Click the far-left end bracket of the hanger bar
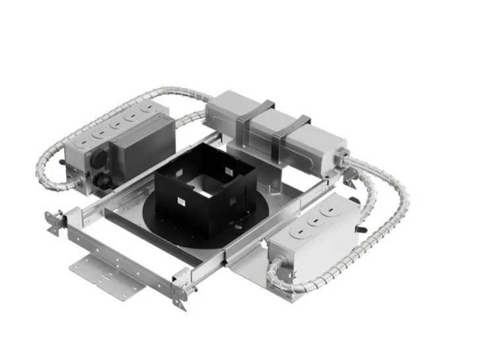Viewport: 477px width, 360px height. tap(52, 222)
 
